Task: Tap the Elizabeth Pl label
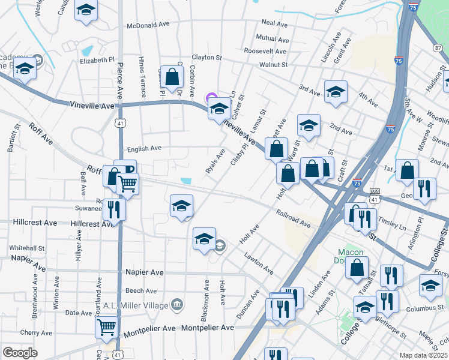(x=97, y=60)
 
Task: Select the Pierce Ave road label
(x=121, y=76)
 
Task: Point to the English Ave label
(x=143, y=148)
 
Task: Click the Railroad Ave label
(x=294, y=218)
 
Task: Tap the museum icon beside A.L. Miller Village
(x=176, y=305)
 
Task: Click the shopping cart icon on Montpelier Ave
(x=106, y=327)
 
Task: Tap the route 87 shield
(x=438, y=47)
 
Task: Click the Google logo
(x=20, y=353)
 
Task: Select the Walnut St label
(x=274, y=64)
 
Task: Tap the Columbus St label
(x=424, y=308)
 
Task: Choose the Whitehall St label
(x=27, y=247)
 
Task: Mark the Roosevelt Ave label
(x=265, y=52)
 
